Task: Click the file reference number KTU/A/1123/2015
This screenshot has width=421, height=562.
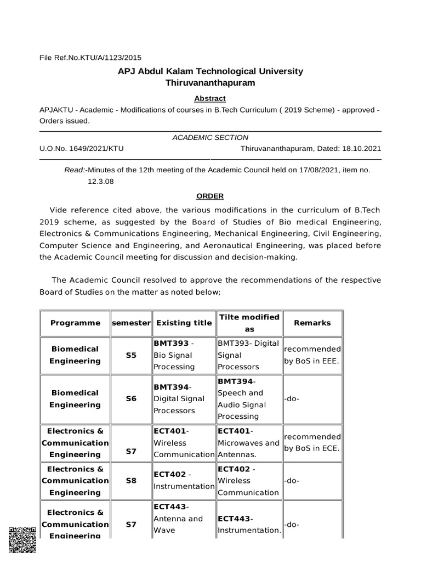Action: pos(90,57)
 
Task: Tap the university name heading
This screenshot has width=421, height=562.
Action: pos(210,71)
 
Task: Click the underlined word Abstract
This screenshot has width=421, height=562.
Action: pos(210,98)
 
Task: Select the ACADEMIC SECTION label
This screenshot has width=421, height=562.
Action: pos(210,137)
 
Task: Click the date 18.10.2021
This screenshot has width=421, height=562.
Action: pos(361,148)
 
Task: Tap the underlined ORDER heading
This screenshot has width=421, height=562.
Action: pos(210,196)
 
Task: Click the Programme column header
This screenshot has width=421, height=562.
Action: pos(75,323)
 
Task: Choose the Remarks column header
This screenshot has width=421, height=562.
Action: pos(312,323)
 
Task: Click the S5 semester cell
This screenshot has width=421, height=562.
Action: pos(130,355)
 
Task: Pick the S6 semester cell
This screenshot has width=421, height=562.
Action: pos(130,399)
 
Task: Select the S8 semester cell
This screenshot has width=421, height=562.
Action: pos(130,480)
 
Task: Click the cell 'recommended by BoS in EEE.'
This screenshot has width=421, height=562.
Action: pos(312,355)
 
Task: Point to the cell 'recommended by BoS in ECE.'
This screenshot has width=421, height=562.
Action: pos(312,442)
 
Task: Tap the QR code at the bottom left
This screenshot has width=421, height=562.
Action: pos(22,540)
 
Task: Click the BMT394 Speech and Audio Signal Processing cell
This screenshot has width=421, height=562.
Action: pos(249,399)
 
